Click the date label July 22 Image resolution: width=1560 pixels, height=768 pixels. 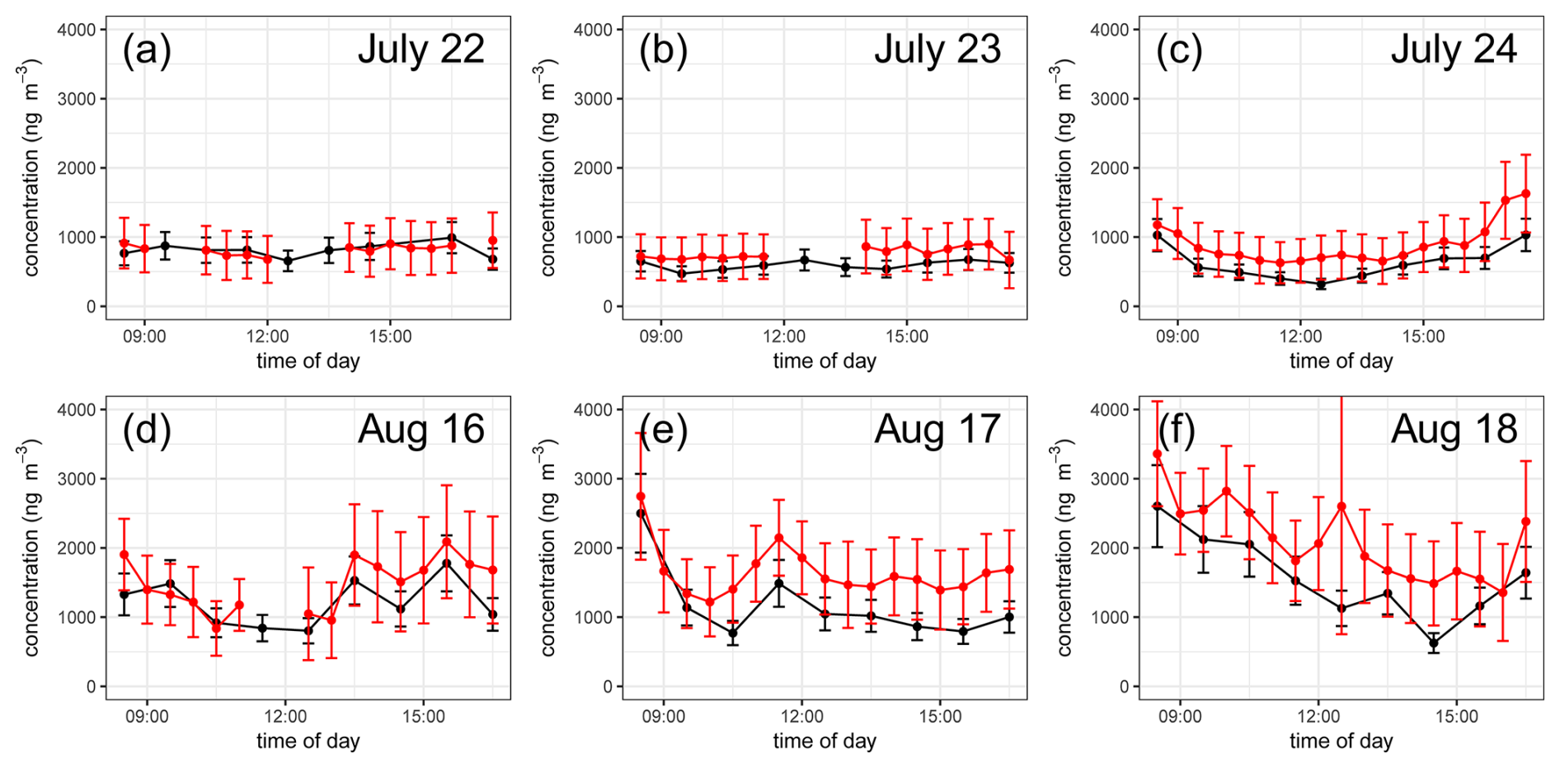421,49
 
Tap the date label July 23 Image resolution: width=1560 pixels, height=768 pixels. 937,49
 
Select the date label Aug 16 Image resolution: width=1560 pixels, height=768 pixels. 421,430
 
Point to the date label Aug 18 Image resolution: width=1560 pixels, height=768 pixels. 1454,430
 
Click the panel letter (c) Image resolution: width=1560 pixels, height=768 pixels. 1179,50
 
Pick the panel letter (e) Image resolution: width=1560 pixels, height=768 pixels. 663,431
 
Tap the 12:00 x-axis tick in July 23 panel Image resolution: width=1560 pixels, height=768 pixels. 784,337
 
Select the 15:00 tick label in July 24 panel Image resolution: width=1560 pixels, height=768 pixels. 1424,337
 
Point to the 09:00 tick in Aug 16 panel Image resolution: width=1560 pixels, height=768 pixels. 147,717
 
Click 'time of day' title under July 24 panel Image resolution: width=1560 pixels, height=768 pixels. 1341,361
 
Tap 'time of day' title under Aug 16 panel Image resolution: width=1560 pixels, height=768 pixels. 308,742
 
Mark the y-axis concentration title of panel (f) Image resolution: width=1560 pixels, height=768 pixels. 1064,548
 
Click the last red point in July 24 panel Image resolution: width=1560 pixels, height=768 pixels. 1525,194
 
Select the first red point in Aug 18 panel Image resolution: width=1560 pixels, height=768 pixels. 1157,454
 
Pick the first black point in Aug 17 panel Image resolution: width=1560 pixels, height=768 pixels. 641,513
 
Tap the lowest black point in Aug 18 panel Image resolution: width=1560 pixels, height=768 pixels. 1434,643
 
